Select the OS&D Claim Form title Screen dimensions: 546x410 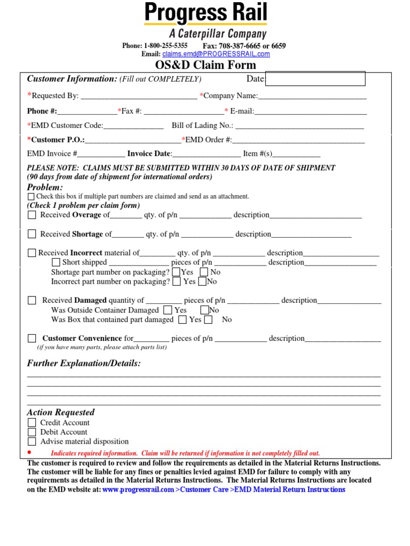coord(206,65)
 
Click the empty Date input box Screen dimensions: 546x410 coord(315,79)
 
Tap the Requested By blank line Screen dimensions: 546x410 coord(138,96)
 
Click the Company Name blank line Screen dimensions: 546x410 coord(312,96)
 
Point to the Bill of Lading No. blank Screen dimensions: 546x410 coord(299,126)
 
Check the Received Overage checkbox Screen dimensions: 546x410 coord(32,215)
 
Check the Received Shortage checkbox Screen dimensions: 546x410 coord(32,234)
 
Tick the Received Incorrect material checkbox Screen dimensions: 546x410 coord(32,253)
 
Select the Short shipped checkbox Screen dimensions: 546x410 coord(56,262)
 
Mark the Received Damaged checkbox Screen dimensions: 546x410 coord(32,300)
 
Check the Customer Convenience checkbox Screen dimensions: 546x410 coord(32,338)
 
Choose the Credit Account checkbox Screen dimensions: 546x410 coord(32,423)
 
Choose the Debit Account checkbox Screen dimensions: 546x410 coord(32,432)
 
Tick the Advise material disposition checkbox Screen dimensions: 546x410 coord(32,441)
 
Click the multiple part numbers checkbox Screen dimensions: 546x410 coord(31,197)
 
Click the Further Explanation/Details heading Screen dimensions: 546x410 coord(84,363)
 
